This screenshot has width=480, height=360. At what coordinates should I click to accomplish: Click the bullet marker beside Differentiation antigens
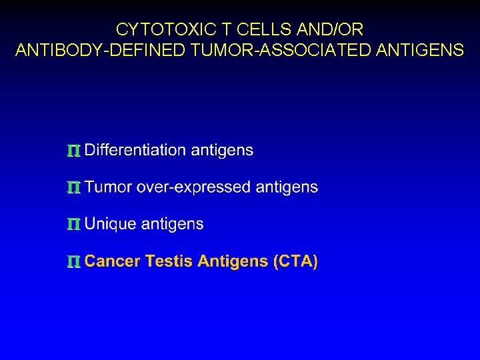(74, 151)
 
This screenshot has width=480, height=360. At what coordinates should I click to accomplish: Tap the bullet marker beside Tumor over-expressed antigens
(74, 189)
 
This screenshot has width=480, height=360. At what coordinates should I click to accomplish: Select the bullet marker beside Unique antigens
(74, 225)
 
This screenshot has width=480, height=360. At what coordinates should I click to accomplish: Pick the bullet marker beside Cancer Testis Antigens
(74, 263)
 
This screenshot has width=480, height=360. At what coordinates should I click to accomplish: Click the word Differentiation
(136, 150)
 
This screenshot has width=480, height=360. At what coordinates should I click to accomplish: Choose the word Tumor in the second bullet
(109, 187)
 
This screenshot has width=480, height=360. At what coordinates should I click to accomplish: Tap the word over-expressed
(194, 187)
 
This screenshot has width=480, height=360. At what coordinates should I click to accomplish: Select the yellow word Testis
(169, 261)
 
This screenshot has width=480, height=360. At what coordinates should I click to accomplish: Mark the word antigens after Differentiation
(222, 151)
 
